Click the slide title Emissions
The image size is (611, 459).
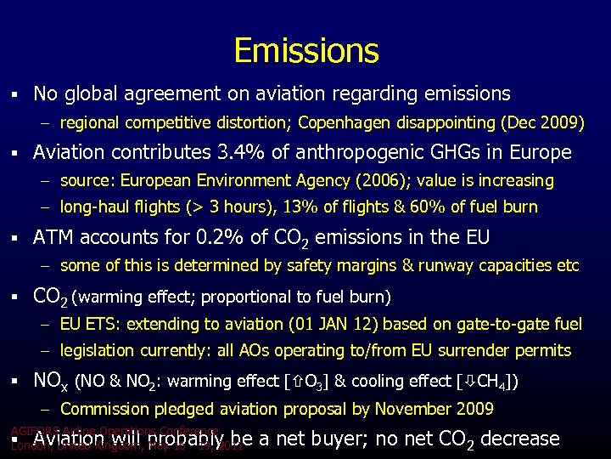pyautogui.click(x=305, y=51)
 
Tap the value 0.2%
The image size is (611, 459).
pyautogui.click(x=208, y=237)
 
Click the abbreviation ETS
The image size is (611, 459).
pyautogui.click(x=103, y=324)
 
